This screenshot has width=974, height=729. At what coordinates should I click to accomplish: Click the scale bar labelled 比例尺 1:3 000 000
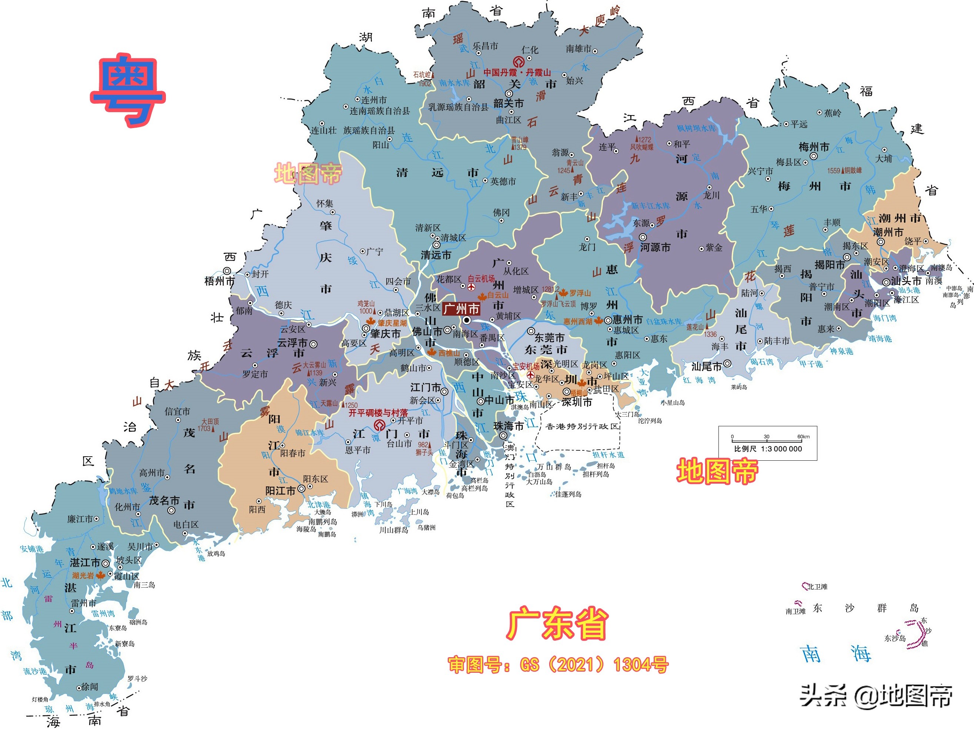click(767, 443)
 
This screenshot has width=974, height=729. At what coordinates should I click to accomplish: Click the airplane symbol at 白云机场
click(471, 287)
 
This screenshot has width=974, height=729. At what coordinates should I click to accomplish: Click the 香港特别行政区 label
click(582, 426)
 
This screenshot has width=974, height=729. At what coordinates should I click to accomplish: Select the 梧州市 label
click(220, 281)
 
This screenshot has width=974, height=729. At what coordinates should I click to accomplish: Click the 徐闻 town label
click(90, 687)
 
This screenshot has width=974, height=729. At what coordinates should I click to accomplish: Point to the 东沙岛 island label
click(895, 638)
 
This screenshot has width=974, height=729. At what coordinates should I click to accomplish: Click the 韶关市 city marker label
click(508, 103)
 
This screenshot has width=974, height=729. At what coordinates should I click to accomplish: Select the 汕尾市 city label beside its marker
click(707, 366)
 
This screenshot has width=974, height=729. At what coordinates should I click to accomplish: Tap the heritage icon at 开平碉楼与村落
click(379, 425)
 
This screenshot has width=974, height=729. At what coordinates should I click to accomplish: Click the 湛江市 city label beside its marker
click(85, 563)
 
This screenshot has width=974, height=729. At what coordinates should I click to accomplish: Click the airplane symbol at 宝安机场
click(531, 375)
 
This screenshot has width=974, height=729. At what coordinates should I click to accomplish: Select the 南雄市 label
click(578, 49)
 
